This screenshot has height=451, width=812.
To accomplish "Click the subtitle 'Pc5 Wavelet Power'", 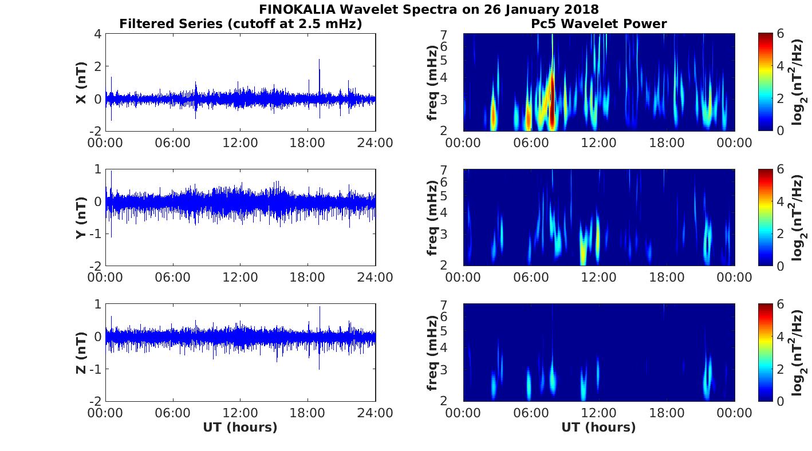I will click(x=598, y=24).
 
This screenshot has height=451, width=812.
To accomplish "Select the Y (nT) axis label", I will click(x=81, y=217).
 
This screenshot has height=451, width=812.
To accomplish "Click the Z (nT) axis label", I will click(x=81, y=353).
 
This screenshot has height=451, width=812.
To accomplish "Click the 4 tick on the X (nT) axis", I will click(x=97, y=34).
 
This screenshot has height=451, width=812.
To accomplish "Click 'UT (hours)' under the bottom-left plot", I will click(x=240, y=428).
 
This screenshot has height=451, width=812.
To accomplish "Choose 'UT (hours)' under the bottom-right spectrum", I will click(x=598, y=428).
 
